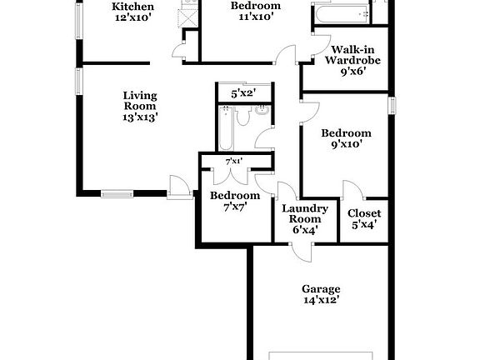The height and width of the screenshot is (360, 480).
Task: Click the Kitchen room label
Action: click(132, 7)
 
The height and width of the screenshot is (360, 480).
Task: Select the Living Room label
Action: click(139, 100)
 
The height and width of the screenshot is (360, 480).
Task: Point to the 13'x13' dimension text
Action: click(139, 117)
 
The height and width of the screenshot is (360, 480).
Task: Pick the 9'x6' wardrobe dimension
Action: click(348, 72)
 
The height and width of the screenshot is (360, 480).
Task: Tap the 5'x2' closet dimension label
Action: click(242, 94)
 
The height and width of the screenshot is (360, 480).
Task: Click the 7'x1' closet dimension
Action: click(234, 162)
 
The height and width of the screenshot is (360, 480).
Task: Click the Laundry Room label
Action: click(305, 214)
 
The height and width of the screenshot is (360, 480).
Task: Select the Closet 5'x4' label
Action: click(364, 218)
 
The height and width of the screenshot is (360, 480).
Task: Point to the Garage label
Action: click(321, 288)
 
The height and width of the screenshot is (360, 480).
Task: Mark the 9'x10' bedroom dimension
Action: click(346, 145)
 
